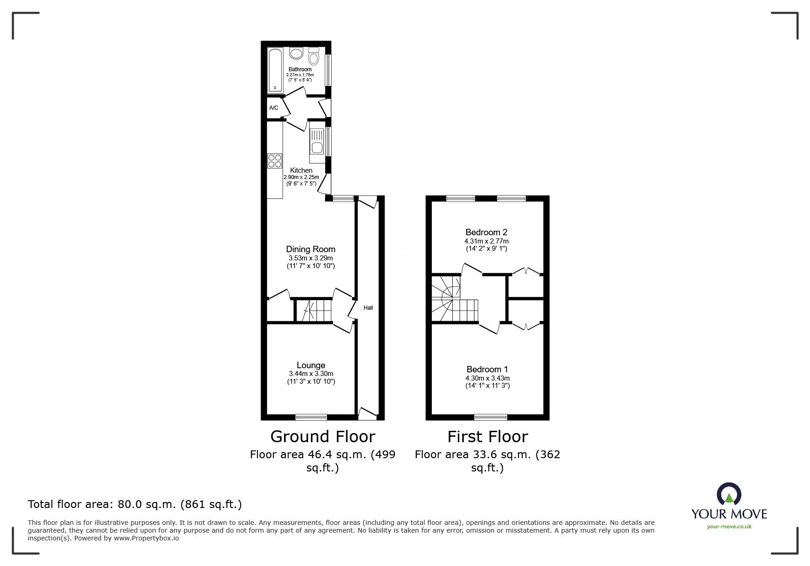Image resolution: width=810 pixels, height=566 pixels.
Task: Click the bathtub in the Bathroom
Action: (x=275, y=69)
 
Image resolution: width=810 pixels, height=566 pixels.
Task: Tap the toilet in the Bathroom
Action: (x=314, y=56)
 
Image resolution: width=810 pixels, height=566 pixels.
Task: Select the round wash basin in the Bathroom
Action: (x=296, y=53)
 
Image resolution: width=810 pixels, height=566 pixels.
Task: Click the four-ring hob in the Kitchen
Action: (x=275, y=161)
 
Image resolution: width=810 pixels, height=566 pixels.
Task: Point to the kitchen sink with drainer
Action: (x=316, y=141)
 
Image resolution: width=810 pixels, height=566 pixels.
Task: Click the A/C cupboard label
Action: (x=274, y=108)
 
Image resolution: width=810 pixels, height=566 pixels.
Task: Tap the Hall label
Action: (x=368, y=308)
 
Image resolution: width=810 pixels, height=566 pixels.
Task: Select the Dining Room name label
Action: (x=311, y=249)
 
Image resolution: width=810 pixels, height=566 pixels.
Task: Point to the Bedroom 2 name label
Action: (x=487, y=232)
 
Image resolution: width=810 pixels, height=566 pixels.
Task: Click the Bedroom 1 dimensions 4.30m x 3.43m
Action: (x=487, y=378)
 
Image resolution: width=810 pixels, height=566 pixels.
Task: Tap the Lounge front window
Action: (x=311, y=417)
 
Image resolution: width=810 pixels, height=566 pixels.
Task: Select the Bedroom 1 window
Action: (x=491, y=417)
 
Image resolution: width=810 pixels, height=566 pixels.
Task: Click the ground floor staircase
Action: (x=313, y=311)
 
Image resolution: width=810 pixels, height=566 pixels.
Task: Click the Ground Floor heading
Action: (x=323, y=437)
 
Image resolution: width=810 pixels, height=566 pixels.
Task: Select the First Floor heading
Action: (x=488, y=437)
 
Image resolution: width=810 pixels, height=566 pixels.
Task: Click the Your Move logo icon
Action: (x=729, y=494)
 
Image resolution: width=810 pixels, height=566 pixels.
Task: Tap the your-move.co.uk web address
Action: (x=729, y=527)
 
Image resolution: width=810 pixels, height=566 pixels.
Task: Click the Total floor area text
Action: (x=135, y=504)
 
